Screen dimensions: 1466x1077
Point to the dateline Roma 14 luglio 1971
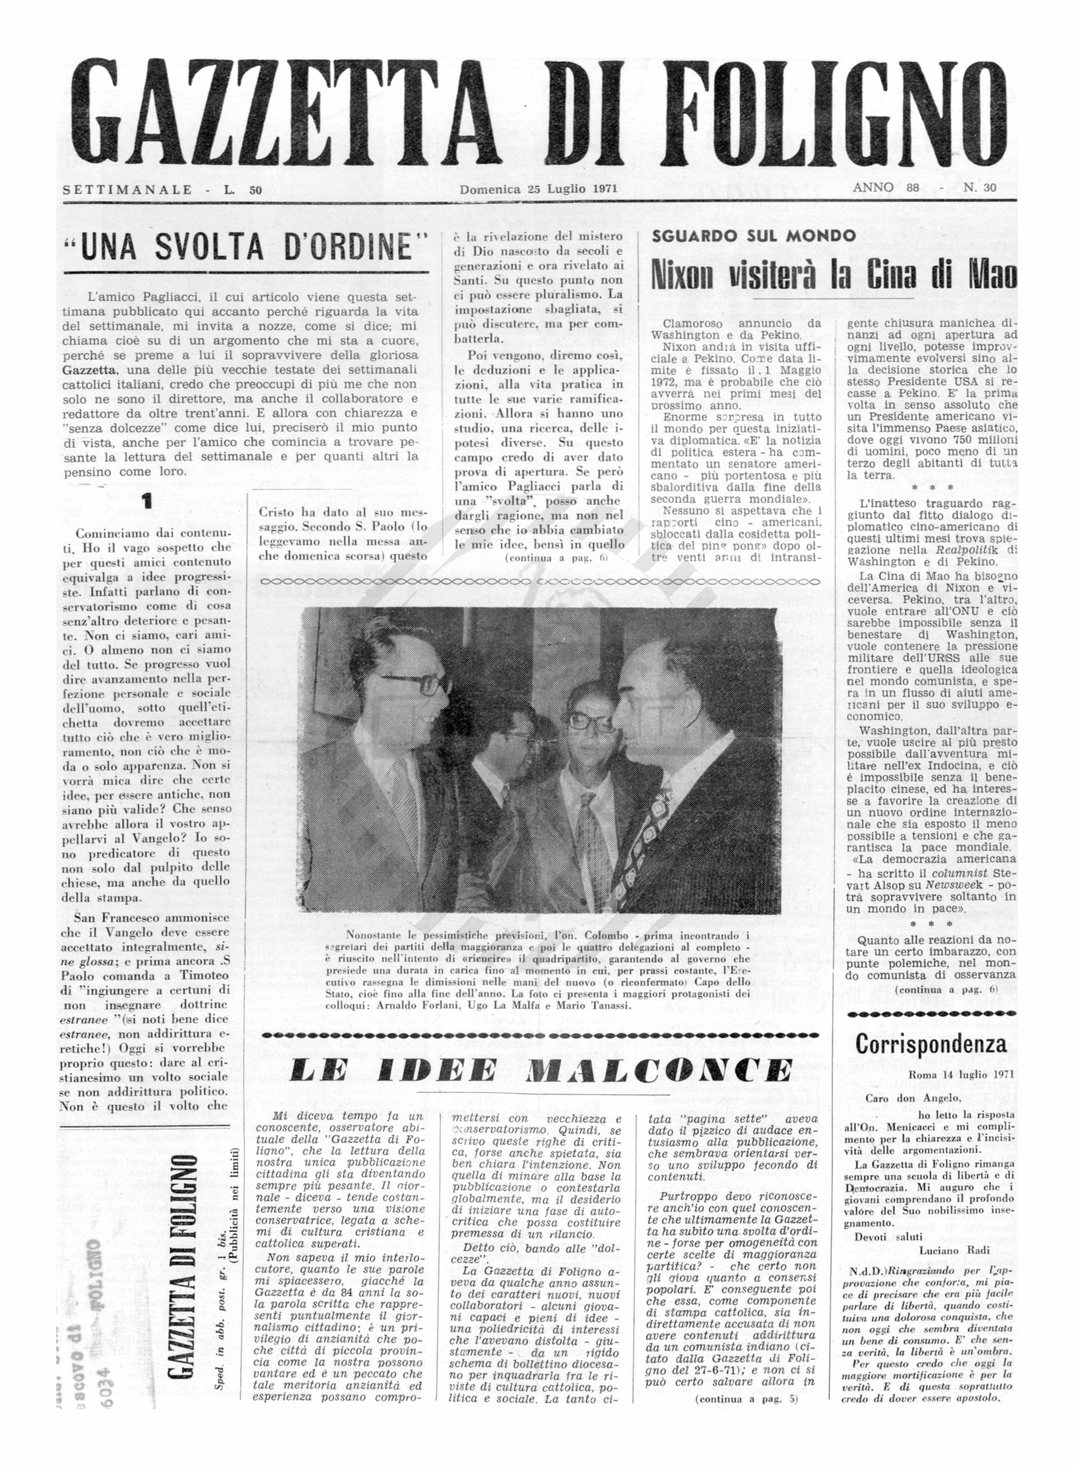pyautogui.click(x=961, y=1075)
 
